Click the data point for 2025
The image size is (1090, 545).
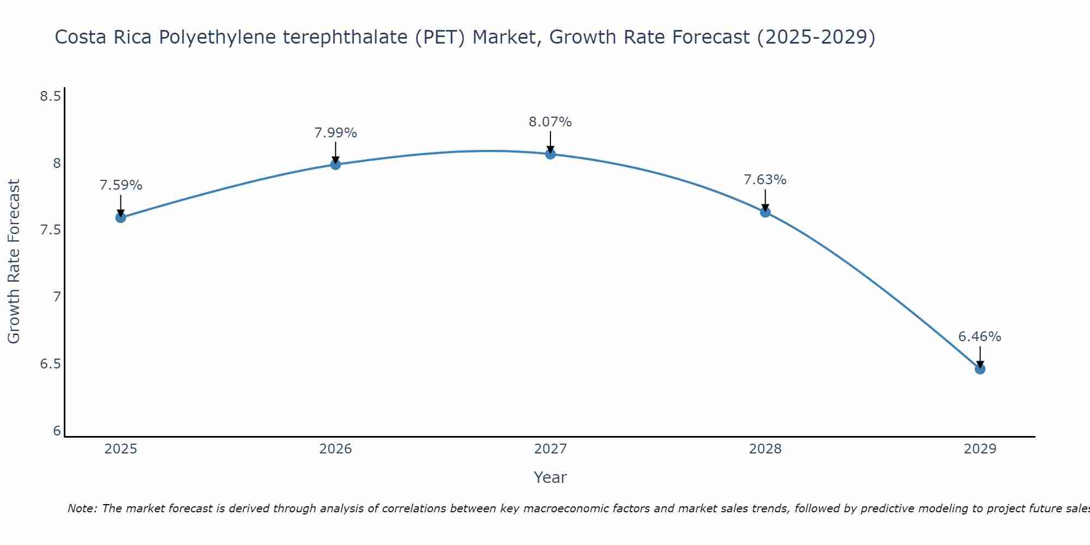pyautogui.click(x=120, y=217)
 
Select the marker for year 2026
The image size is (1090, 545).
pyautogui.click(x=335, y=164)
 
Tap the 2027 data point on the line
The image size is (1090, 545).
pyautogui.click(x=550, y=154)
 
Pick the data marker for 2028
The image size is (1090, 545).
pyautogui.click(x=765, y=212)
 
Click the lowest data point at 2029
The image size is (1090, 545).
pyautogui.click(x=979, y=369)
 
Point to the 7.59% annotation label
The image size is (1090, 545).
pyautogui.click(x=120, y=185)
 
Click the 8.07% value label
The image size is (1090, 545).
pyautogui.click(x=550, y=122)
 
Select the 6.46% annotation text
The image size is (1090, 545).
pyautogui.click(x=979, y=337)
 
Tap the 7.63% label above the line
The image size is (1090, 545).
pyautogui.click(x=765, y=180)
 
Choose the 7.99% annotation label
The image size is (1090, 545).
pyautogui.click(x=335, y=132)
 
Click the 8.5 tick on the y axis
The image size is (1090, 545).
pyautogui.click(x=50, y=96)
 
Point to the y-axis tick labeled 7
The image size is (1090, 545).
pyautogui.click(x=57, y=297)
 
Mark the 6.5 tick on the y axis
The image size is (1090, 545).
pyautogui.click(x=50, y=364)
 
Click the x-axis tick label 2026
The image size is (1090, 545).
pyautogui.click(x=335, y=449)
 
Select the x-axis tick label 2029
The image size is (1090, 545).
pyautogui.click(x=979, y=449)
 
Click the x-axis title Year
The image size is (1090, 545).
pyautogui.click(x=550, y=477)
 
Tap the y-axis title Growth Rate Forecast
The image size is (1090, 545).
pyautogui.click(x=14, y=262)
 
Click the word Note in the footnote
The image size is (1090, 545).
pyautogui.click(x=81, y=508)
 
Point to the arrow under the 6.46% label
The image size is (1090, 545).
pyautogui.click(x=979, y=357)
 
